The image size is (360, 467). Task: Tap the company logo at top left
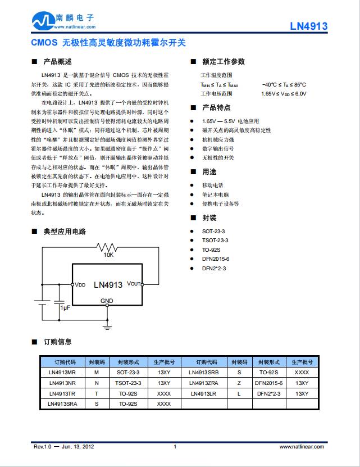click(x=43, y=21)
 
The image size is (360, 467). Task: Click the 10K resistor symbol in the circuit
click(x=107, y=247)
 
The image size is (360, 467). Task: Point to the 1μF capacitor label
click(x=65, y=307)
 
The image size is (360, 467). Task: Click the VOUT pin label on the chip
click(x=134, y=284)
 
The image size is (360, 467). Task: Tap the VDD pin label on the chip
click(x=80, y=284)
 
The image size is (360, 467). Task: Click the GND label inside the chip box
click(x=107, y=301)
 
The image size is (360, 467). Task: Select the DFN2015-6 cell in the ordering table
click(x=269, y=383)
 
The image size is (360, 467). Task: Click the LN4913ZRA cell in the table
click(x=204, y=383)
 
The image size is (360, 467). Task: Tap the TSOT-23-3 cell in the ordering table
click(x=127, y=383)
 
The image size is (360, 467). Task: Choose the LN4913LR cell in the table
click(x=204, y=393)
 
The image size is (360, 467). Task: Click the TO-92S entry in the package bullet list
click(x=211, y=250)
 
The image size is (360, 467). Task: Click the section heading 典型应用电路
click(x=65, y=232)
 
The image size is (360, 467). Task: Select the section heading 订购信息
click(x=57, y=342)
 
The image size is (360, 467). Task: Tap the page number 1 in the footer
click(x=175, y=447)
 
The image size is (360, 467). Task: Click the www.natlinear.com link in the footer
click(x=302, y=447)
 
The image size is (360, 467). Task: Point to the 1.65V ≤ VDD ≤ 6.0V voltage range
click(x=284, y=94)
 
